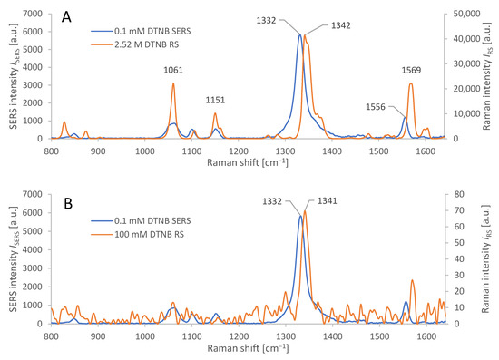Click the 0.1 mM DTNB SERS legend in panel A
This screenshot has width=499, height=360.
point(138,30)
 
